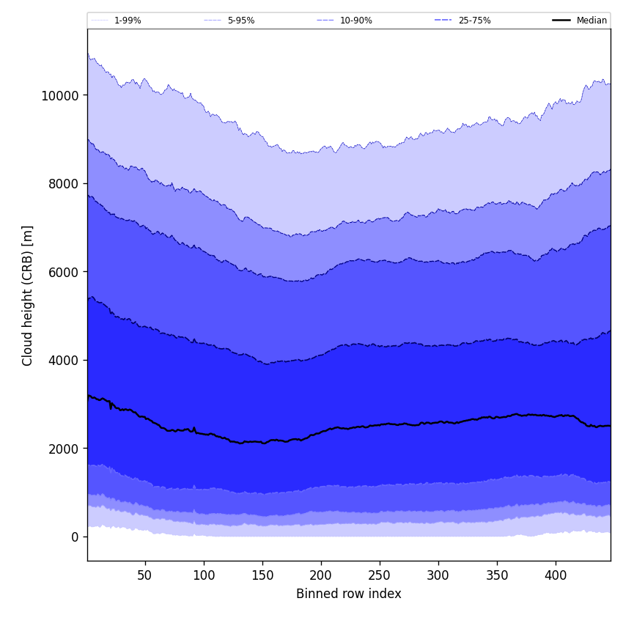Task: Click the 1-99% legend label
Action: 128,21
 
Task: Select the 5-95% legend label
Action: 241,21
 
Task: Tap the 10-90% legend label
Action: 356,21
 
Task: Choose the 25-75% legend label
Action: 475,21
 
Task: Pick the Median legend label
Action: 591,21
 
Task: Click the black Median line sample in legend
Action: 562,21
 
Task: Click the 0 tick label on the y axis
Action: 74,537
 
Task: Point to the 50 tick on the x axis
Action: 145,576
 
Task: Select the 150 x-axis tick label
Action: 262,576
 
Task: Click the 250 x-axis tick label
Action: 380,576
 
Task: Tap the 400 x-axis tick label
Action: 556,576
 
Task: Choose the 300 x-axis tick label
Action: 438,576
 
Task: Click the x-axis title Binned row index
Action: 349,594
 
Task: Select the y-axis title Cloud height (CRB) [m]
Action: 28,295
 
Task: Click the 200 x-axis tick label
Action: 321,576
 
